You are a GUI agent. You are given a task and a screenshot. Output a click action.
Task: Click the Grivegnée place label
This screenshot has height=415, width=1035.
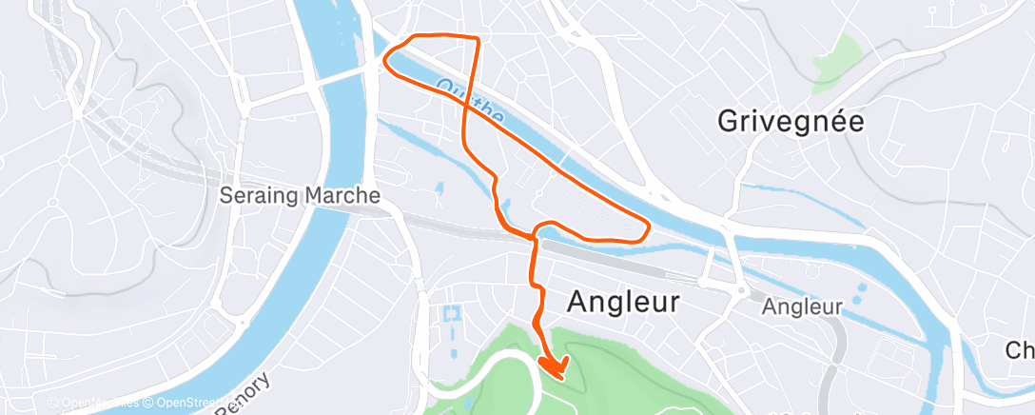(791, 121)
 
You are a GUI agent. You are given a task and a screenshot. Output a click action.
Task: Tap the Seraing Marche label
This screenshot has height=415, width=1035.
(300, 195)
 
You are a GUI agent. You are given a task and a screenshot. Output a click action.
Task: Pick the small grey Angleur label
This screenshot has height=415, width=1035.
(803, 307)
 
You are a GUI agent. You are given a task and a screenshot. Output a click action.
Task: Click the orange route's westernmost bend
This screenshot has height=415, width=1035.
(385, 60)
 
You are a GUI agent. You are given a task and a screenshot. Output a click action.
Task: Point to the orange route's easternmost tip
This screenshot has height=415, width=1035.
(649, 227)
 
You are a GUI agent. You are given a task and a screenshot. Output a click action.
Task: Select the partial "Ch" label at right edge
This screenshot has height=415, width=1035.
(1020, 350)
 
